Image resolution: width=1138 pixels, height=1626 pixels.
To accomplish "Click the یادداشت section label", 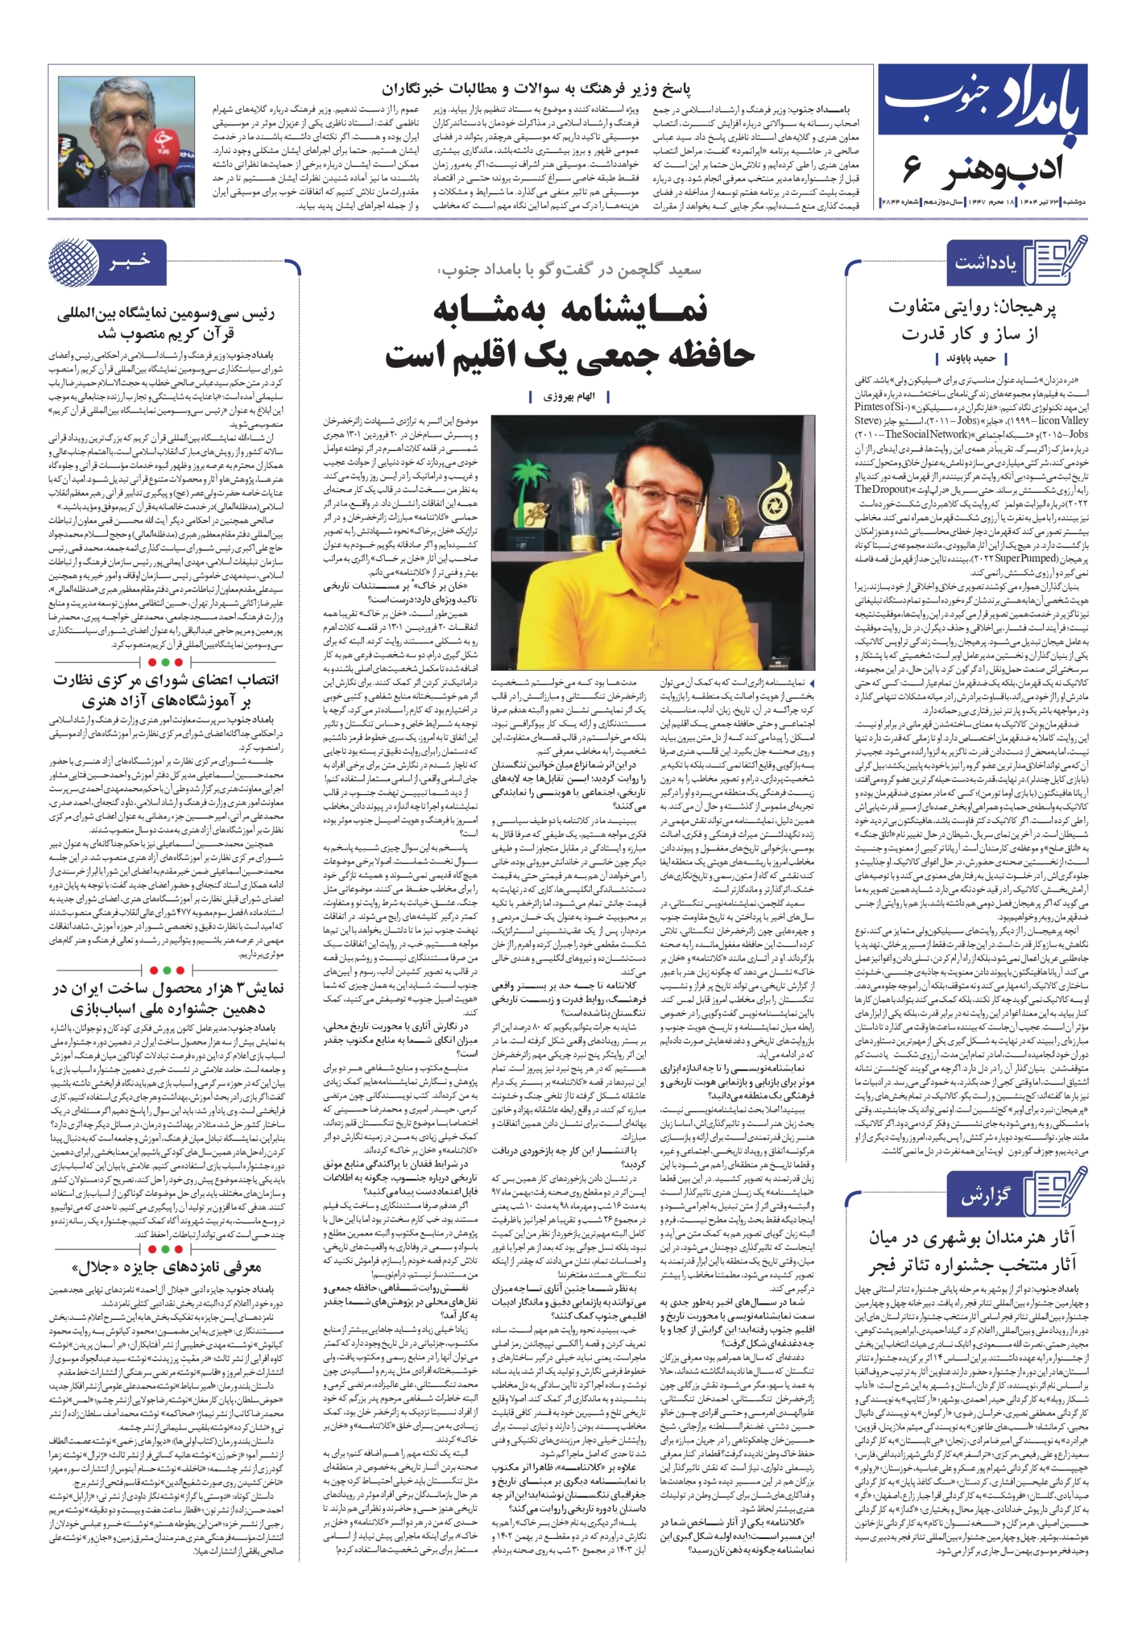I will click(984, 263).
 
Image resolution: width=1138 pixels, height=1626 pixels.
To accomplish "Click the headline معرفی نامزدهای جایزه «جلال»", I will click(166, 1268).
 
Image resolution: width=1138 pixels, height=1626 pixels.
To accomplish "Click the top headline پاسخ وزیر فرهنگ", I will click(536, 89).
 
